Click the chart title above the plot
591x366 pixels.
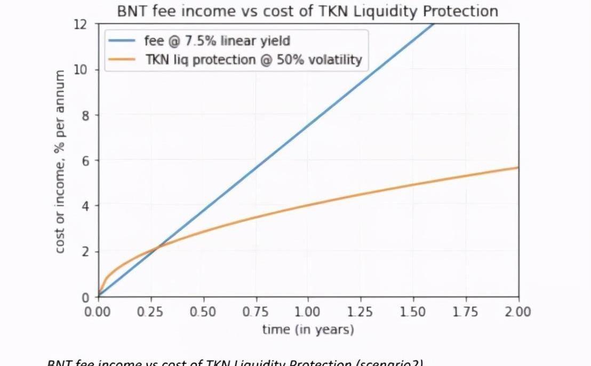coord(307,11)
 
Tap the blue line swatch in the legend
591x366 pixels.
coord(123,40)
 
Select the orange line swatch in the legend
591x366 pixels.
coord(123,60)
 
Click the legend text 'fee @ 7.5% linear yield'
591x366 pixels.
coord(217,40)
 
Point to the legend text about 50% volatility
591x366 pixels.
coord(253,60)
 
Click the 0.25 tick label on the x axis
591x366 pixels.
coord(150,312)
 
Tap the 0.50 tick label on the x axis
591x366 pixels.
coord(202,312)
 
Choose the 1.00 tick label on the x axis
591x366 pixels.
coord(308,312)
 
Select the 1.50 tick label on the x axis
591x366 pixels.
coord(413,312)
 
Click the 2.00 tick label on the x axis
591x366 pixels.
coord(518,312)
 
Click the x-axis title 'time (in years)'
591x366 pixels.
coord(308,330)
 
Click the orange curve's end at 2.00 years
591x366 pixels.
coord(517,168)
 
